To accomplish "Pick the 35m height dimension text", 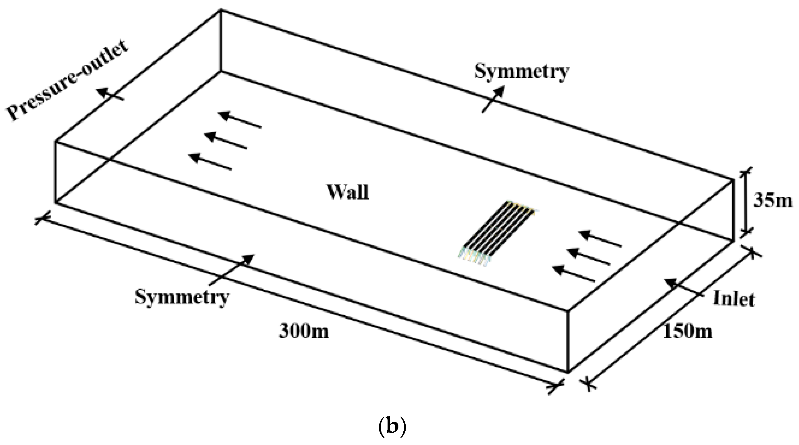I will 772,200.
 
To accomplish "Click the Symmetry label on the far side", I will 521,72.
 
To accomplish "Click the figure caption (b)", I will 392,427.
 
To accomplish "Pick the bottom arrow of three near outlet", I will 210,162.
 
